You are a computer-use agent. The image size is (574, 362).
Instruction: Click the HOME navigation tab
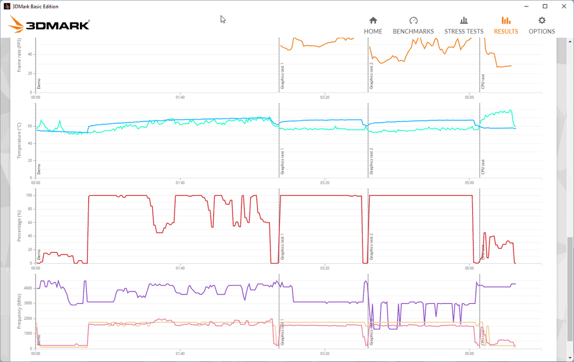click(373, 25)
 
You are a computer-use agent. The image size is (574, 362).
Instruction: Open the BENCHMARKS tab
click(413, 25)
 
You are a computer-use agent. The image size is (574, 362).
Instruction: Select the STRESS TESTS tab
click(464, 25)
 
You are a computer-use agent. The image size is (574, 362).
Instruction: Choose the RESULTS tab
click(506, 25)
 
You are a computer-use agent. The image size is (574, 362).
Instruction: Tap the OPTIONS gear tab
click(541, 25)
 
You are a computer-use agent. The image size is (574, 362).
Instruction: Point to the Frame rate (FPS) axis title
click(20, 56)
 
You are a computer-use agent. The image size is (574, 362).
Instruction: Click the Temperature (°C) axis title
click(20, 141)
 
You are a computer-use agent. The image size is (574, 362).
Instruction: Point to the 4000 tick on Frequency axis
click(27, 288)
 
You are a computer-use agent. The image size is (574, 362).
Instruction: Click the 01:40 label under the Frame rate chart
click(180, 98)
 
